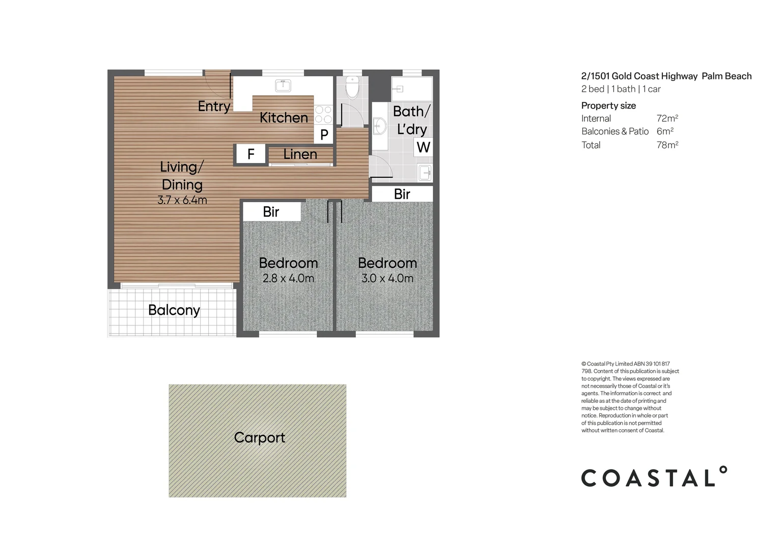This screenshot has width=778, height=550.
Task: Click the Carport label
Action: (259, 437)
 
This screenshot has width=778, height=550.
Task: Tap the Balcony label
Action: (174, 310)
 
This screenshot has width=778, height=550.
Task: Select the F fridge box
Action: (251, 154)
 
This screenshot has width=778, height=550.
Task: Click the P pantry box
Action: (324, 135)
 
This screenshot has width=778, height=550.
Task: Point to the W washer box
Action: (423, 148)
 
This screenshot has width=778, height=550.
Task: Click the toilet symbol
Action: (352, 87)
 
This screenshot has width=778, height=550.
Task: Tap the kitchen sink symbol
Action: (283, 85)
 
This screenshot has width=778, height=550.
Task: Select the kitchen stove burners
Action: (323, 115)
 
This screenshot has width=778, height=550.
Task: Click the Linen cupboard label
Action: (300, 154)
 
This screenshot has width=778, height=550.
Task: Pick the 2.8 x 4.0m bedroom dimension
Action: (288, 279)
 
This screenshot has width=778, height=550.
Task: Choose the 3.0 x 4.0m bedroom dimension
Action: (387, 279)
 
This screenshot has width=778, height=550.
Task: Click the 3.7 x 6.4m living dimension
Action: (182, 200)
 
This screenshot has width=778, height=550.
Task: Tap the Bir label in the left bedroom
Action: (271, 211)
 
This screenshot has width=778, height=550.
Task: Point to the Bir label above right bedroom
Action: (402, 194)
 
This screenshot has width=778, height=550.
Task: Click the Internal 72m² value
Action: (667, 118)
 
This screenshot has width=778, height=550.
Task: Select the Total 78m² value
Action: (667, 145)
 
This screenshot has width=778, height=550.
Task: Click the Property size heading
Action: (608, 105)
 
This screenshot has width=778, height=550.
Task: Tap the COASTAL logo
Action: (654, 477)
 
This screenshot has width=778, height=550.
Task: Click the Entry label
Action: (214, 106)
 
